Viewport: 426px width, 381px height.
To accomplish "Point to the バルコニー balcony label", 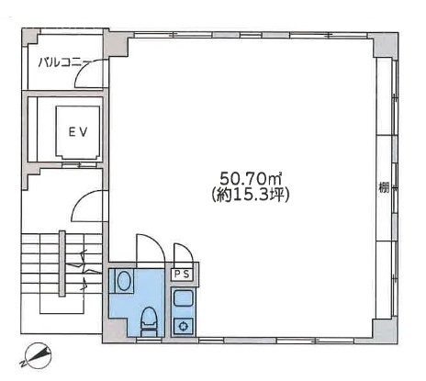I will [x=61, y=62].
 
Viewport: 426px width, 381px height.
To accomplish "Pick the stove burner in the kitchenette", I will [x=182, y=323].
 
